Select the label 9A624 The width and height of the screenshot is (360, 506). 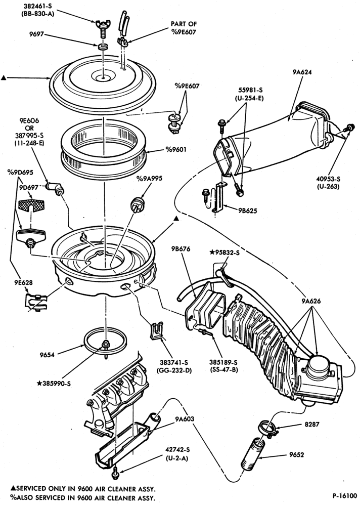point(302,72)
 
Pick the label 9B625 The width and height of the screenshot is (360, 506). point(247,210)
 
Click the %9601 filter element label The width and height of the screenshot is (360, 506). point(176,149)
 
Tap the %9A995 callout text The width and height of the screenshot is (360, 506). point(149,179)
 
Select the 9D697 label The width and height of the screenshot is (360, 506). point(28,187)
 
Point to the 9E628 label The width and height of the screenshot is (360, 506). point(23,282)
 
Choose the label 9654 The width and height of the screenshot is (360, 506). point(47,355)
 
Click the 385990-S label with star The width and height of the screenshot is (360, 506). point(54,384)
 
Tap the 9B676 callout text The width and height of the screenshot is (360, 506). point(181,249)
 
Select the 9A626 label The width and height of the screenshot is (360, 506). point(311,302)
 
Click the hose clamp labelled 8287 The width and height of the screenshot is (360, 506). point(267,429)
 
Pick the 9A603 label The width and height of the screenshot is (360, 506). point(185,419)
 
